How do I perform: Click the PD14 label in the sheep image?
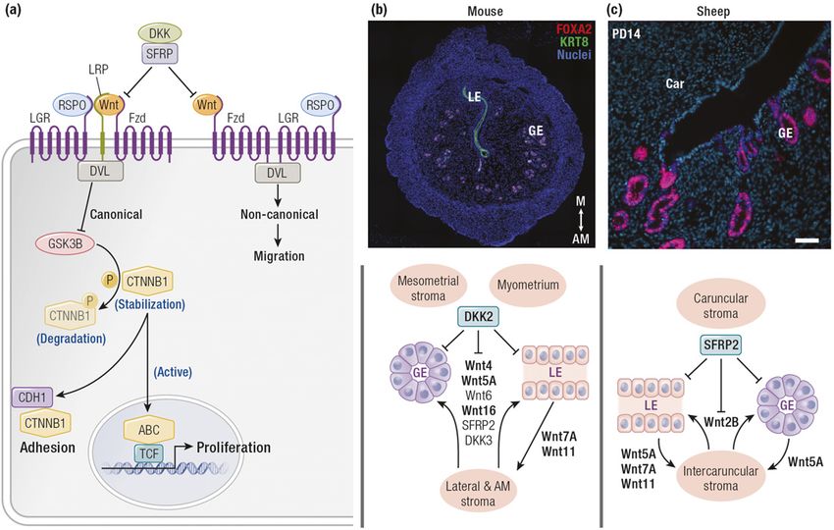pos(625,32)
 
